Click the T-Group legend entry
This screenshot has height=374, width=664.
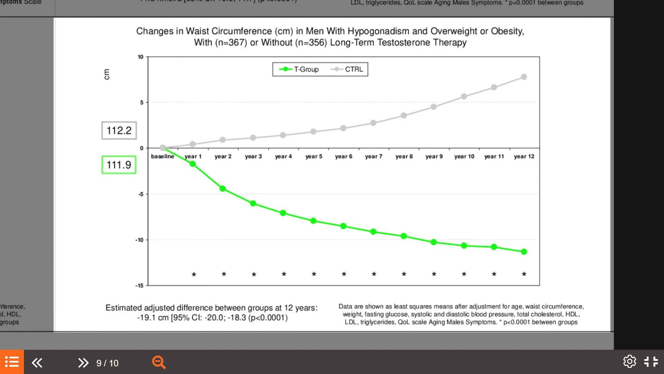[x=299, y=69]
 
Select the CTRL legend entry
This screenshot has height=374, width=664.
[x=347, y=69]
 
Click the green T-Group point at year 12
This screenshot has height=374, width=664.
[x=524, y=252]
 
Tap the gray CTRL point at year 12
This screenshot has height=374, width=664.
[x=524, y=77]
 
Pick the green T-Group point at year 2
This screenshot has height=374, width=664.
[x=223, y=189]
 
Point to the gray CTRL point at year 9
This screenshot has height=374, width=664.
[x=434, y=107]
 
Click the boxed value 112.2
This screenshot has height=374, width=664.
[x=119, y=131]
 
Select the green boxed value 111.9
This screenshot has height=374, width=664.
[x=119, y=165]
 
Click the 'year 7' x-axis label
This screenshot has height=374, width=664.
[x=373, y=157]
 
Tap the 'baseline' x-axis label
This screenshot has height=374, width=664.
[x=163, y=157]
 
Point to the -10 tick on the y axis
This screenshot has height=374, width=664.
[x=139, y=240]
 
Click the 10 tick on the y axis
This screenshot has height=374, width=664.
[x=140, y=57]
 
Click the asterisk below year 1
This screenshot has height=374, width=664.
[x=194, y=275]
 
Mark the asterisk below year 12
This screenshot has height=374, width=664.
[x=524, y=274]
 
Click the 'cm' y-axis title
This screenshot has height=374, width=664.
[x=107, y=74]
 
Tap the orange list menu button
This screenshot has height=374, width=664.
[x=12, y=362]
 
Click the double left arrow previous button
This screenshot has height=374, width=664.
[x=37, y=363]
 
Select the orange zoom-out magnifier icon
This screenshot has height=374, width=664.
[x=159, y=363]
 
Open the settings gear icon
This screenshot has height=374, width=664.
[x=629, y=362]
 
